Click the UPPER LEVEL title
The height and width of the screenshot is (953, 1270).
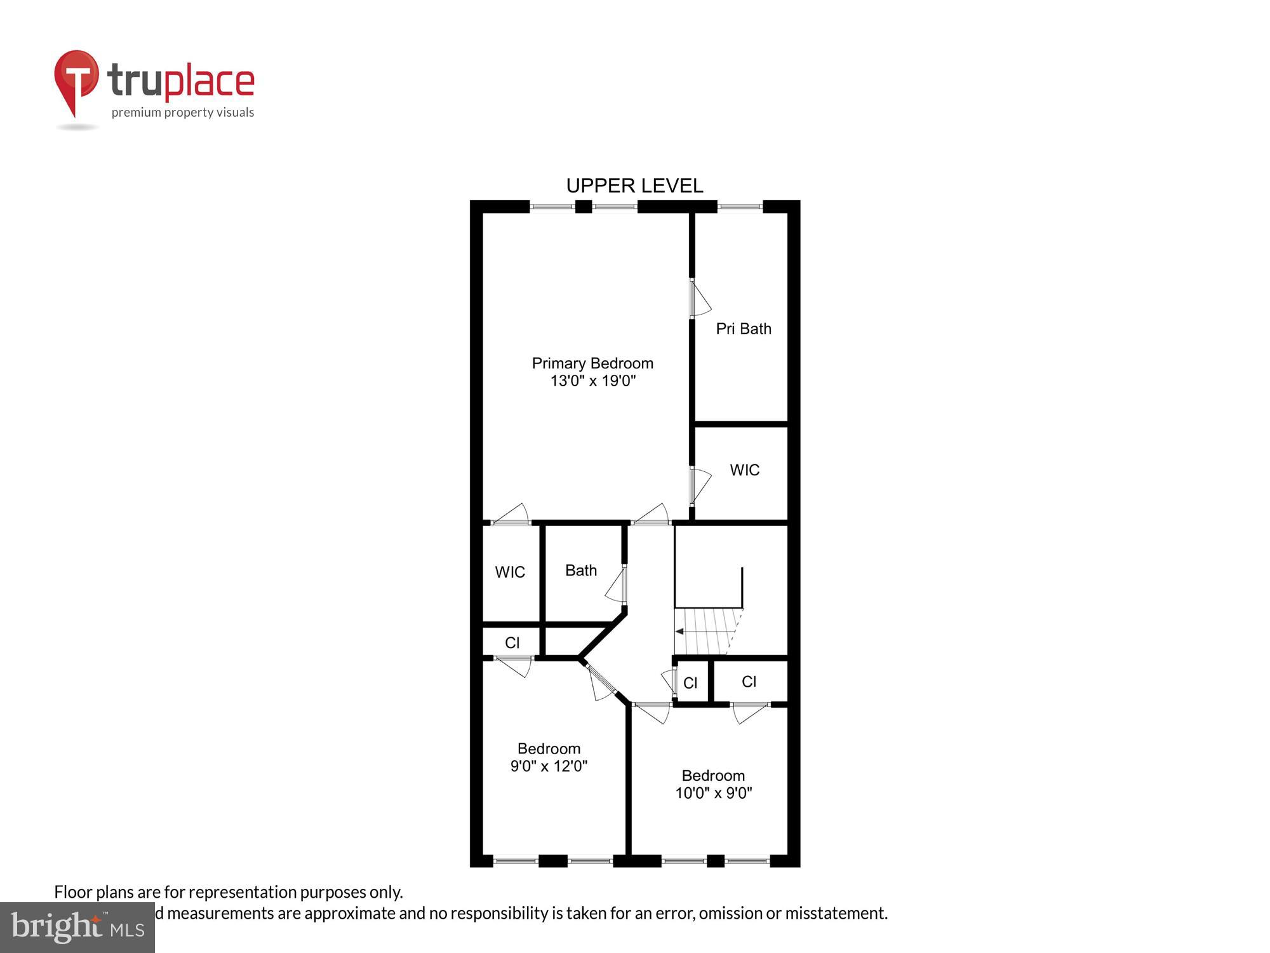point(634,186)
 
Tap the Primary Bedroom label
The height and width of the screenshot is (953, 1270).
point(592,363)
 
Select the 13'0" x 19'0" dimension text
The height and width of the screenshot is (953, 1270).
point(592,381)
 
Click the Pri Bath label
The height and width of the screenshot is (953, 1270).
point(744,329)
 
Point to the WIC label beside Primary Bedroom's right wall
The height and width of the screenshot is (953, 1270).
point(744,470)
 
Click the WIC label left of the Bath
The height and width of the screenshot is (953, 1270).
point(510,572)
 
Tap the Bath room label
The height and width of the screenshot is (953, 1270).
point(581,571)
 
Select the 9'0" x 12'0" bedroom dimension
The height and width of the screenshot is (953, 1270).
point(549,766)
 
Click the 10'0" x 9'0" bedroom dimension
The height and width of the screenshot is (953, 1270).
point(713,793)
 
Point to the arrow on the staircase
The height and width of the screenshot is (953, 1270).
point(680,632)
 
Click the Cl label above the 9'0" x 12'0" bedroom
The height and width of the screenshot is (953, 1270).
point(512,643)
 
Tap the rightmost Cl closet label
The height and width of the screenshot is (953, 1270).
point(749,682)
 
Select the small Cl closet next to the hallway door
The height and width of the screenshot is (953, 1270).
point(690,683)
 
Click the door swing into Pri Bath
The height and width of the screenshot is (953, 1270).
point(700,299)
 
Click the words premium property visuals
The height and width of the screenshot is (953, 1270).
point(183,113)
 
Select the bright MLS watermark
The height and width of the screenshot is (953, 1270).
point(77,928)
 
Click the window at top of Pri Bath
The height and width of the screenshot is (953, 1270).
point(740,206)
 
